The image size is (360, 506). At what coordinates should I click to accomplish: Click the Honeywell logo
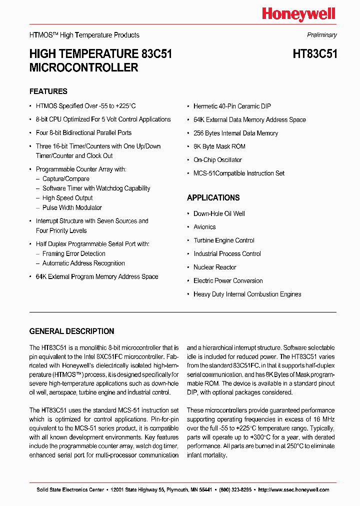click(x=298, y=14)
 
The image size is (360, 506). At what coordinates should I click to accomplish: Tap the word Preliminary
click(x=321, y=35)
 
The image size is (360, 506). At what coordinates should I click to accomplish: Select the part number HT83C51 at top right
click(x=314, y=54)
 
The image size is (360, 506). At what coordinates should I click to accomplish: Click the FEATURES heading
click(x=48, y=91)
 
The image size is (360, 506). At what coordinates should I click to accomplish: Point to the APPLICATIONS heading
click(x=213, y=197)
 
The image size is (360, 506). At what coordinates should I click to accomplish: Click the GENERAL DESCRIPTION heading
click(x=71, y=331)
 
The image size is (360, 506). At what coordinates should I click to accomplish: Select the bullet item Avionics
click(x=204, y=227)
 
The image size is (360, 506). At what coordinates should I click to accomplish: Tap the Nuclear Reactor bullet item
click(x=214, y=267)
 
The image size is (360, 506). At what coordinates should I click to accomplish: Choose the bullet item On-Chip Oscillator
click(x=217, y=160)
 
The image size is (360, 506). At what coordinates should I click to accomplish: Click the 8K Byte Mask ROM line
click(x=219, y=146)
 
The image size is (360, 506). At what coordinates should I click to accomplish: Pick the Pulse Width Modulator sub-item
click(x=72, y=207)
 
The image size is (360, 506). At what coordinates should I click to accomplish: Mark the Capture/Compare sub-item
click(x=66, y=179)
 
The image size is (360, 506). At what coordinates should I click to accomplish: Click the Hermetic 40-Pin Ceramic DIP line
click(x=232, y=106)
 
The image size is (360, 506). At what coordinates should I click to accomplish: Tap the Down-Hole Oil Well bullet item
click(x=219, y=213)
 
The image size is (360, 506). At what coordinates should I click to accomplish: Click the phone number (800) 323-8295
click(x=234, y=489)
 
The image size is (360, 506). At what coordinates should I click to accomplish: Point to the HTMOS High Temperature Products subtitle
click(x=84, y=35)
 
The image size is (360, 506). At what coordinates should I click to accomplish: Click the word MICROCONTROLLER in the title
click(x=83, y=67)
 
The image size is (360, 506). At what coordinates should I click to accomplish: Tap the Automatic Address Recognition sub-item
click(x=83, y=263)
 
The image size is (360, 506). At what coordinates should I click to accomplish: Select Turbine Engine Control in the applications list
click(x=224, y=240)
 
